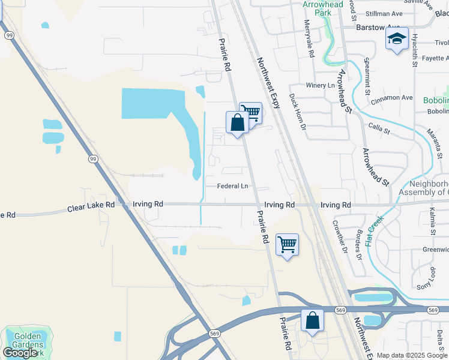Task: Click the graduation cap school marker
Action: point(397,40)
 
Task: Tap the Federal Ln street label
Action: point(233,186)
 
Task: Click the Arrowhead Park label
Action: point(322,8)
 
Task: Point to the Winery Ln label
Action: point(319,85)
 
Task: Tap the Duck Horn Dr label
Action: point(298,112)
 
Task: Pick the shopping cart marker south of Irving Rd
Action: point(288,245)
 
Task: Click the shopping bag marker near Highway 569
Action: point(312,320)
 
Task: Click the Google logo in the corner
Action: point(20,352)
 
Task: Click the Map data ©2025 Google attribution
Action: point(412,355)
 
